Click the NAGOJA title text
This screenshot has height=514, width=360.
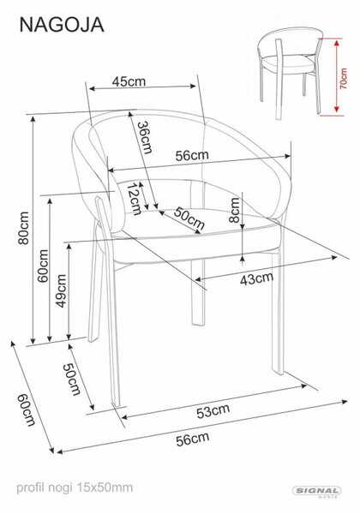pyautogui.click(x=62, y=25)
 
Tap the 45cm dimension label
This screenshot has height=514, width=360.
pyautogui.click(x=129, y=81)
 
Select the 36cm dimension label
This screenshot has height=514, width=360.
pyautogui.click(x=145, y=138)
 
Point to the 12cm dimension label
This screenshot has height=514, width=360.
pyautogui.click(x=134, y=199)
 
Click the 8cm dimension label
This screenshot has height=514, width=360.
pyautogui.click(x=234, y=210)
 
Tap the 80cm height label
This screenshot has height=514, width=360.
pyautogui.click(x=24, y=228)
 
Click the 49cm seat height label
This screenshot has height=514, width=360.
pyautogui.click(x=61, y=291)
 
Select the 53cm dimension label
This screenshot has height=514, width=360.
pyautogui.click(x=213, y=411)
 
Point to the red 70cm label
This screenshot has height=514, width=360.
pyautogui.click(x=343, y=79)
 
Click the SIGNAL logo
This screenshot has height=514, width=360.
pyautogui.click(x=317, y=491)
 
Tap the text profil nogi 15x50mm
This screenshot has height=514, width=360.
pyautogui.click(x=75, y=487)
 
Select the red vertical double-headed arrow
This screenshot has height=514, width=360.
pyautogui.click(x=336, y=76)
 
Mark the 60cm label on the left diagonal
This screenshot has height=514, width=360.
pyautogui.click(x=27, y=409)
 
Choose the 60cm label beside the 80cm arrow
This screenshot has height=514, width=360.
pyautogui.click(x=43, y=266)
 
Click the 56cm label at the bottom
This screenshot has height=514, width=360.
pyautogui.click(x=193, y=439)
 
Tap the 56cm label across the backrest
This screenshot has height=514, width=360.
pyautogui.click(x=192, y=155)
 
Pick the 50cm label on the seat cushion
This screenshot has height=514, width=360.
pyautogui.click(x=189, y=218)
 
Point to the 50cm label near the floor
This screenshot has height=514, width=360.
pyautogui.click(x=71, y=380)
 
